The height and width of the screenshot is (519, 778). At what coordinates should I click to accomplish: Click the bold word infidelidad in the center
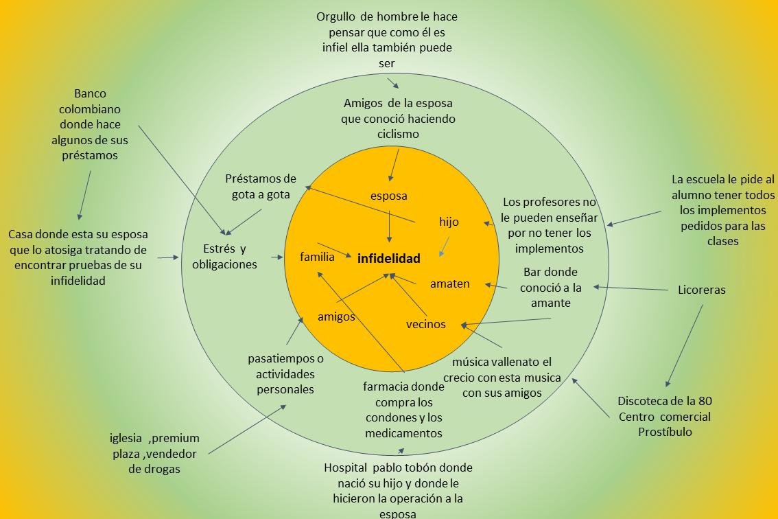(x=388, y=259)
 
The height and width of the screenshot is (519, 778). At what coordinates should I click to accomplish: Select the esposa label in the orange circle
(x=389, y=196)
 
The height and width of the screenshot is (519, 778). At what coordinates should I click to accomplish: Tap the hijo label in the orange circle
(x=449, y=222)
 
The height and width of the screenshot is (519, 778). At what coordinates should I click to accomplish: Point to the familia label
(x=317, y=257)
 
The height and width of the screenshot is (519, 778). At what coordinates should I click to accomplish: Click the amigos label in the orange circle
(x=336, y=316)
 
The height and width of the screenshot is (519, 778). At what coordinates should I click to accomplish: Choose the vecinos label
(x=425, y=324)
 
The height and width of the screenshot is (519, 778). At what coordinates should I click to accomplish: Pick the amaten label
(x=450, y=284)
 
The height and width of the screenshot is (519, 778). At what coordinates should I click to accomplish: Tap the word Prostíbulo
(x=664, y=432)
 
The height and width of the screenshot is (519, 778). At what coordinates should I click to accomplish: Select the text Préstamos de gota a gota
(x=261, y=187)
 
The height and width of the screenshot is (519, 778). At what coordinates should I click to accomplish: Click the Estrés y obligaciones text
(x=225, y=256)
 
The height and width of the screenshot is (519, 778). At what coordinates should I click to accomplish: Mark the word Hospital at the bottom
(x=346, y=468)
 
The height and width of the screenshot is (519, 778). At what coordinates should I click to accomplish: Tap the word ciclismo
(x=398, y=134)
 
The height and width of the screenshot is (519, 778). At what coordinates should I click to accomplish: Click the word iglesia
(x=126, y=438)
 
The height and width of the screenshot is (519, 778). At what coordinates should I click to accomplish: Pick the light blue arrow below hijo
(x=445, y=246)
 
